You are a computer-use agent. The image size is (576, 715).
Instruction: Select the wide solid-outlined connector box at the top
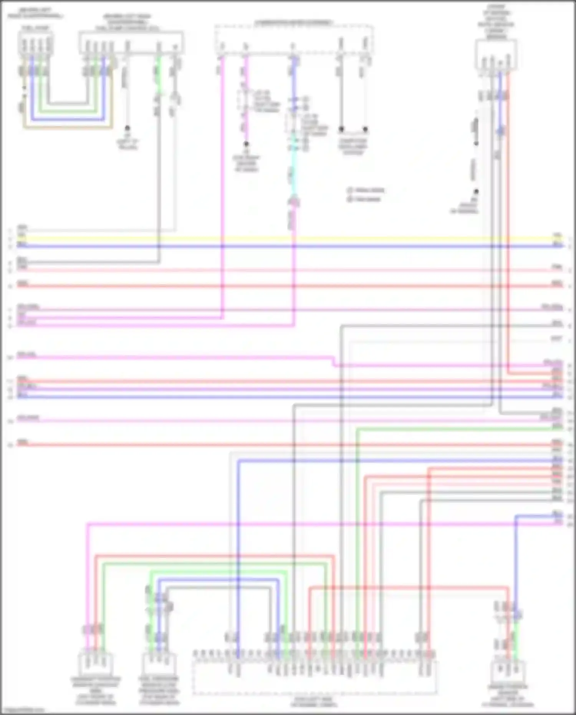coord(131,42)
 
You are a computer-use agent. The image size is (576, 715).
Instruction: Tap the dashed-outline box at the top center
coord(294,40)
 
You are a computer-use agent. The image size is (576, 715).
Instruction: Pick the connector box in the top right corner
coord(496,55)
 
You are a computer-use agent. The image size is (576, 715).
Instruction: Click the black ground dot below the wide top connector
coord(127,128)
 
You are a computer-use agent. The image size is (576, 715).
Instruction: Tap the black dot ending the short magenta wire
coord(246,144)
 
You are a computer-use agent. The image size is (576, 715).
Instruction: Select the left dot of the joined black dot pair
coord(341,129)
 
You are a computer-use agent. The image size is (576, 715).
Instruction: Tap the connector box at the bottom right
coord(508,670)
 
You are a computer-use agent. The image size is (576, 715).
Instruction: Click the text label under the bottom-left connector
coord(96,691)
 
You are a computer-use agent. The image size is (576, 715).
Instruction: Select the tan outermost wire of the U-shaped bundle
coord(67,127)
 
